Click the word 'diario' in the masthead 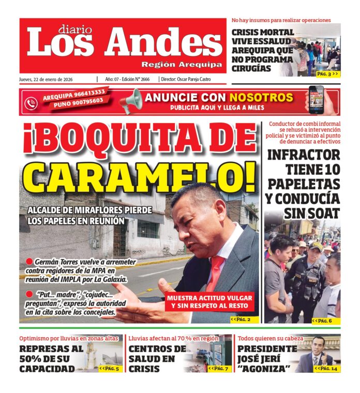[74, 29]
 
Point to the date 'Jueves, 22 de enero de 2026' [46, 79]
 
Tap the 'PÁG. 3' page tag [327, 74]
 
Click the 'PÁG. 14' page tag [327, 368]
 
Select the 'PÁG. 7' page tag [218, 368]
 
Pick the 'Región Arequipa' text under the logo [182, 65]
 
